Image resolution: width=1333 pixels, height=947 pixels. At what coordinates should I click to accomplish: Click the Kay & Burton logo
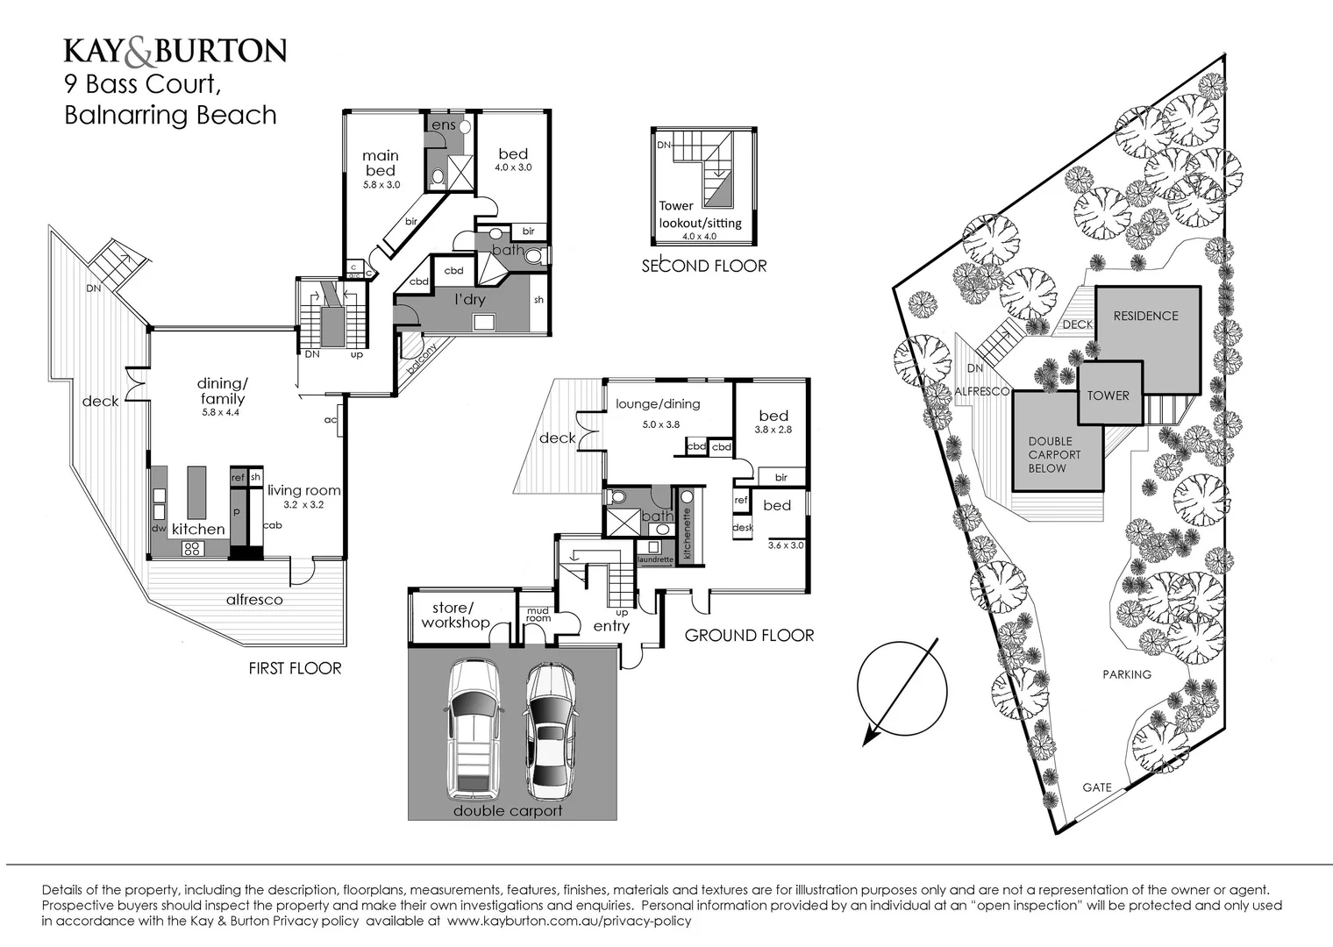click(175, 51)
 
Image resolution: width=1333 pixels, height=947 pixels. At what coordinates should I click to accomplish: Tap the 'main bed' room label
click(381, 163)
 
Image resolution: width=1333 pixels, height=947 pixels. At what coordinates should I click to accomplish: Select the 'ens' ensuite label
click(444, 125)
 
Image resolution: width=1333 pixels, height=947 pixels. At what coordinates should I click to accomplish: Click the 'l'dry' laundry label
click(470, 300)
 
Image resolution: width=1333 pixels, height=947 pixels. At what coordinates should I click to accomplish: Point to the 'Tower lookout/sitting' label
click(700, 214)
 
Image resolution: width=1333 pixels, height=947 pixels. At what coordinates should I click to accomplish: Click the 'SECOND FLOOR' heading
click(704, 266)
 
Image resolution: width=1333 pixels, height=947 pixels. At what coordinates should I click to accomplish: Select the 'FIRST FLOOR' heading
click(295, 668)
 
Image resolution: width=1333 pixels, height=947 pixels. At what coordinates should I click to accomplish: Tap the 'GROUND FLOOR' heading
click(749, 636)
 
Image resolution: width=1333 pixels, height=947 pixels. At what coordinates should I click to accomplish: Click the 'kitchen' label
click(198, 529)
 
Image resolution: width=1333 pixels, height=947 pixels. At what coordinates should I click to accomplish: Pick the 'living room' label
click(303, 491)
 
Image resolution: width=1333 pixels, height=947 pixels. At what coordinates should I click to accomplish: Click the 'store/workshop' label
click(454, 616)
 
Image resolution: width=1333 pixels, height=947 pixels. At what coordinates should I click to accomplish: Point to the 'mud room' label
click(538, 614)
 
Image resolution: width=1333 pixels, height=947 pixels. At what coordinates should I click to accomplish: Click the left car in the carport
click(474, 729)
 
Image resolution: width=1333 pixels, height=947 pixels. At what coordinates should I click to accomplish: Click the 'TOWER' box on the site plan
click(1108, 395)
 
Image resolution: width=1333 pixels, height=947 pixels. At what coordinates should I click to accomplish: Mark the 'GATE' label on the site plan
click(1096, 787)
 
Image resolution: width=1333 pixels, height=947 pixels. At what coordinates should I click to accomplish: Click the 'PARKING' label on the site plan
click(1127, 674)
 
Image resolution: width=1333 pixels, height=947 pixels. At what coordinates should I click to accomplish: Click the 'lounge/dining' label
click(658, 404)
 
